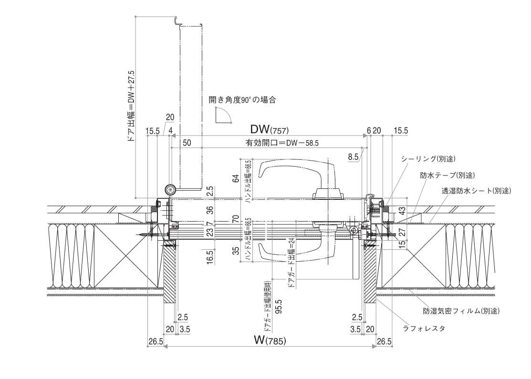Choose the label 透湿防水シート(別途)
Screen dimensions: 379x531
[476, 191]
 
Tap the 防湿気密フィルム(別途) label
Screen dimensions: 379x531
[461, 311]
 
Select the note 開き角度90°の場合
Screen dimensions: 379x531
[242, 100]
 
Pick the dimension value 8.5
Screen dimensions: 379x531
[353, 156]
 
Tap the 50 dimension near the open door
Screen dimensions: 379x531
[187, 143]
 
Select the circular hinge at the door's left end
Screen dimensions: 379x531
[170, 190]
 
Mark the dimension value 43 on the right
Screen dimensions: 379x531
[402, 209]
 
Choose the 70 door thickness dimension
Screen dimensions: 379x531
[235, 219]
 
